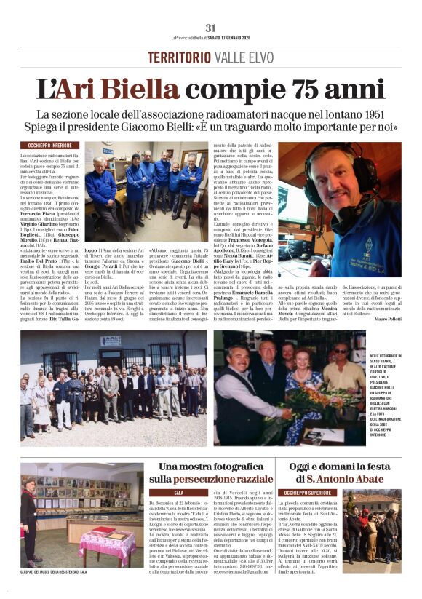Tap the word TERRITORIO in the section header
point(175,57)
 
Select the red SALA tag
point(178,493)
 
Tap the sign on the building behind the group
point(111,341)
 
